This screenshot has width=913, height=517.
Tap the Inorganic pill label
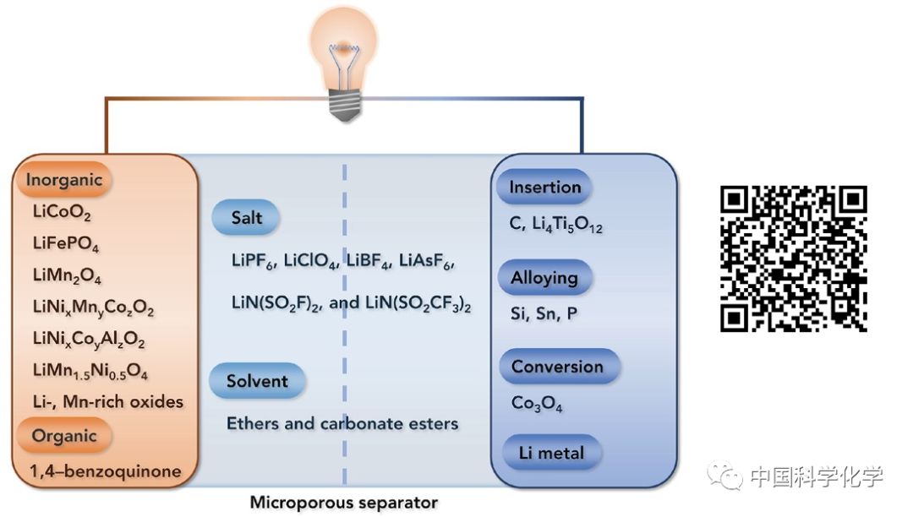[64, 180]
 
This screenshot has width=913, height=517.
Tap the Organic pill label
[64, 437]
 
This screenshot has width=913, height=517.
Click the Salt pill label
[247, 218]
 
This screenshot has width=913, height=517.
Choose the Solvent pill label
[257, 381]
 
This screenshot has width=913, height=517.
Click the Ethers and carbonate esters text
[342, 423]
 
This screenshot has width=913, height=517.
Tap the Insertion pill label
[544, 188]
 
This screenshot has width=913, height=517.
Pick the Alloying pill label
[544, 278]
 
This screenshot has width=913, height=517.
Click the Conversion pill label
[557, 367]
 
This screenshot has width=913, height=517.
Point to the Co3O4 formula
[537, 404]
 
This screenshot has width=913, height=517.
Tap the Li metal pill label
[551, 453]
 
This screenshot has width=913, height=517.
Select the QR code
[793, 258]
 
